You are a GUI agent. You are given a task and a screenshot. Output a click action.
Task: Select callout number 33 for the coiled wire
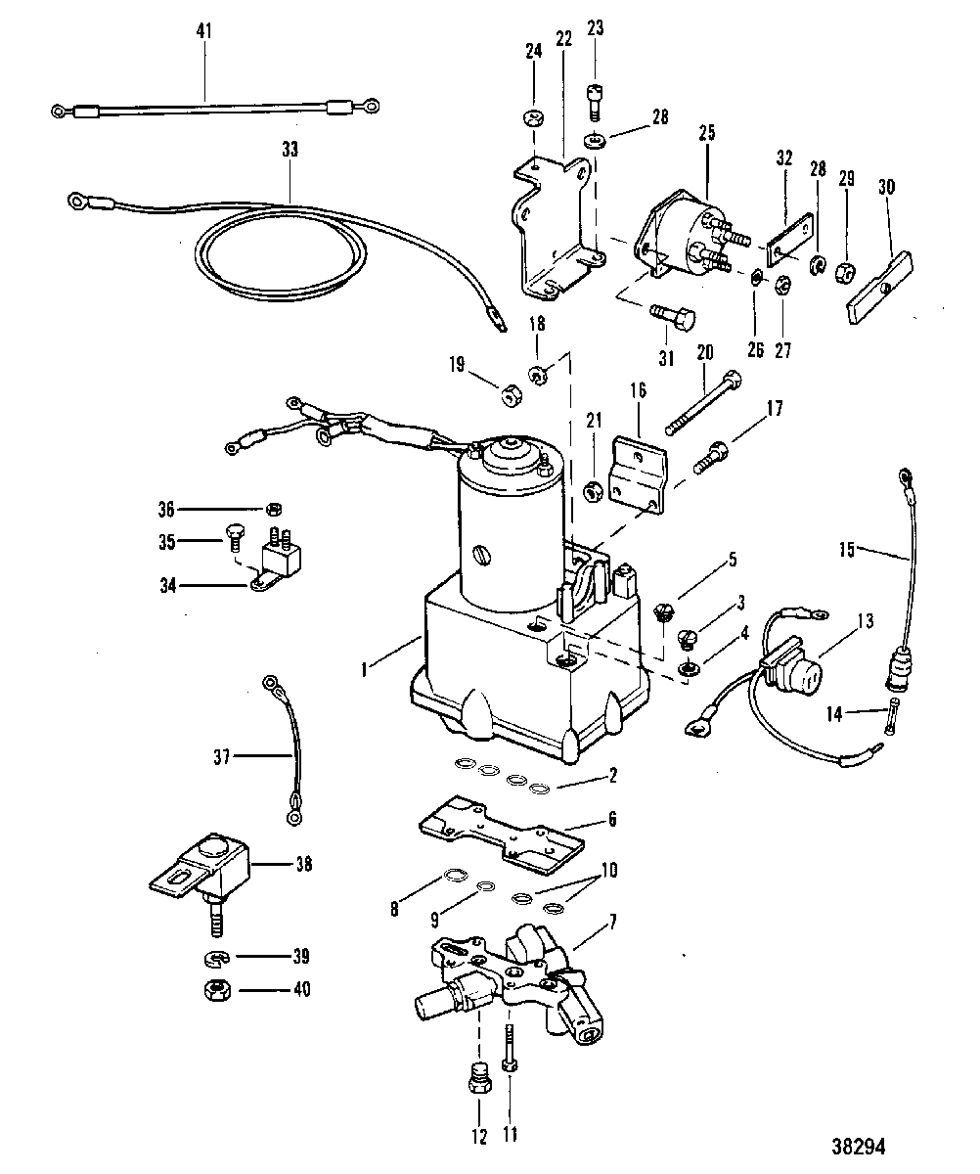coord(290,149)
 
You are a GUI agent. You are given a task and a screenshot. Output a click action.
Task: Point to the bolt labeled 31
coord(673,316)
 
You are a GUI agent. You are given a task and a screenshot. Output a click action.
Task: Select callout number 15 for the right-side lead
coord(846,550)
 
